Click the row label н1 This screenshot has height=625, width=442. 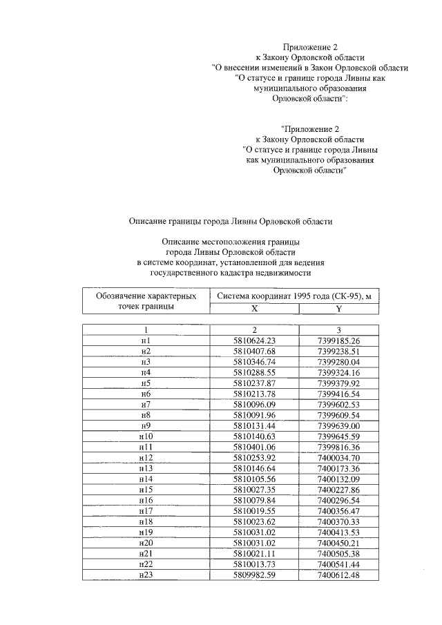coord(145,341)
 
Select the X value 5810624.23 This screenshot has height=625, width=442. coord(254,341)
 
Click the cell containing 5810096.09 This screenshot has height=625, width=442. coord(254,403)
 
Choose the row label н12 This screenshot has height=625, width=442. coord(145,456)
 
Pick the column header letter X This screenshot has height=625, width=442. coord(254,309)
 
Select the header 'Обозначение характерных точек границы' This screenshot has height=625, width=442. coord(145,301)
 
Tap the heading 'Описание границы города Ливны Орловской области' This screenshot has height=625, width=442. coord(231,222)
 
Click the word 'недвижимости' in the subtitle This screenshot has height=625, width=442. coord(285,273)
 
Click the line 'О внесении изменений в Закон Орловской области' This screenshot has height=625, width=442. coord(310,68)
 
